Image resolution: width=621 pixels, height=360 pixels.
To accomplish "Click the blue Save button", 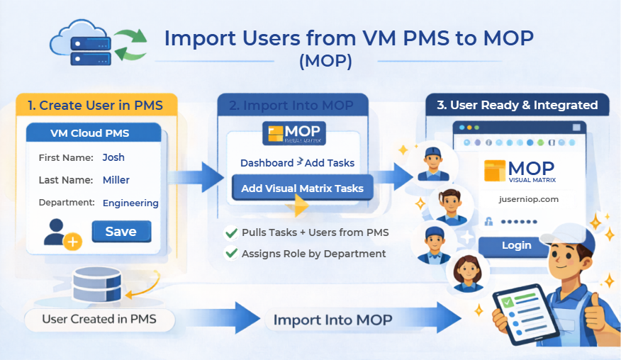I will coord(121,232).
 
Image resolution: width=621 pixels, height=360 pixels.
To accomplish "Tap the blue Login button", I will coord(516,245).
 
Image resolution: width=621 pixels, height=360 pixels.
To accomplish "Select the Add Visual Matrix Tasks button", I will coord(302,188).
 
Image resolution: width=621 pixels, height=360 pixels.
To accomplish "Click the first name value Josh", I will coord(113,157).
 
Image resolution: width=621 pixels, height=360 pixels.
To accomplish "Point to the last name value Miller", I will coord(116,180).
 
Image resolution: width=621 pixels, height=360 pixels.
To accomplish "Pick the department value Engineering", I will coord(130,203).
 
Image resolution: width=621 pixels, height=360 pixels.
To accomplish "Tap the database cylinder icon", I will coord(96,283).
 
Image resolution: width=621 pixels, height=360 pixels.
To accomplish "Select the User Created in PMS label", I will coord(99,319).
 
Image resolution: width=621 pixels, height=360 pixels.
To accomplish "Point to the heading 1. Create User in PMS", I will coord(95,106).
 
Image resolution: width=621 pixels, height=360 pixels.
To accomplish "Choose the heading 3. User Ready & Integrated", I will coord(517,105).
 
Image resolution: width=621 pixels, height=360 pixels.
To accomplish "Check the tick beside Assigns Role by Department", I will coord(231,253).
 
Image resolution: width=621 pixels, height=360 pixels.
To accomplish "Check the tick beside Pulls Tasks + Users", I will coord(231,232).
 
